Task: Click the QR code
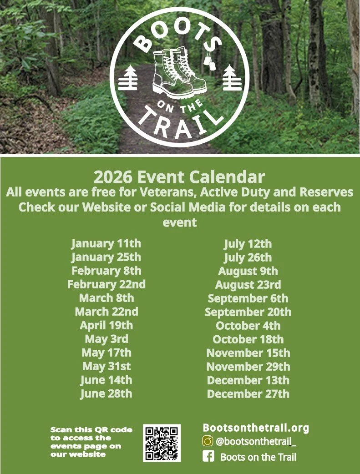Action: click(x=162, y=443)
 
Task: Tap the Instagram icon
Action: click(x=208, y=441)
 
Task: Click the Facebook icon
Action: click(x=208, y=456)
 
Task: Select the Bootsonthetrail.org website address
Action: click(x=255, y=428)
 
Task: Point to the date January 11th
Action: click(x=106, y=243)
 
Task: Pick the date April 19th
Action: click(x=106, y=325)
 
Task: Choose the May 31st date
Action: click(x=106, y=366)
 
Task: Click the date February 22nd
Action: click(x=106, y=284)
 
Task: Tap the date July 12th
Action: click(x=248, y=244)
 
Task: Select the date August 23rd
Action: click(x=248, y=285)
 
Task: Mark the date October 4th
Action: click(x=248, y=326)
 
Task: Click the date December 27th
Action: click(x=248, y=394)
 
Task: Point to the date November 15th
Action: click(x=248, y=353)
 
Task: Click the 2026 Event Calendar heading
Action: click(x=179, y=176)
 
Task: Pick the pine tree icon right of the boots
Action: click(x=232, y=78)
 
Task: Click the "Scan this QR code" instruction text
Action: click(x=91, y=442)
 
